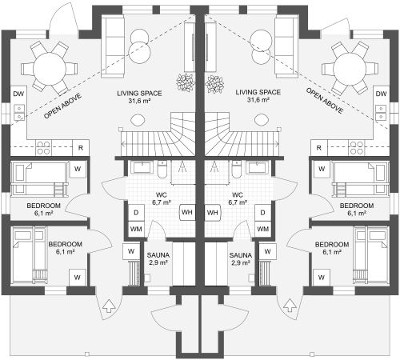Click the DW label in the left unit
pos(18,94)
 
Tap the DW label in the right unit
pos(381,94)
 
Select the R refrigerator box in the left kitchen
pos(81,148)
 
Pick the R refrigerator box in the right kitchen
pos(319,148)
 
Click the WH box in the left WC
pos(187,213)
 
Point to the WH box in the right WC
pos(213,213)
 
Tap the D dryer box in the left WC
pos(136,213)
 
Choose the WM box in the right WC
pos(262,229)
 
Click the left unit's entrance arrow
pos(109,306)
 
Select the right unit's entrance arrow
pos(290,305)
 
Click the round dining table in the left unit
pos(50,69)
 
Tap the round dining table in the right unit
pos(350,69)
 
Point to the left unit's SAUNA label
pos(158,255)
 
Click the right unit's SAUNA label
pos(241,255)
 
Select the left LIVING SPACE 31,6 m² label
pos(139,97)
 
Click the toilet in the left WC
pos(162,169)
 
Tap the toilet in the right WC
pos(237,169)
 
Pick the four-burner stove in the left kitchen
pos(43,148)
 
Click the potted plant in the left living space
pos(186,82)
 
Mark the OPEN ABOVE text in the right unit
pos(325,101)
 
